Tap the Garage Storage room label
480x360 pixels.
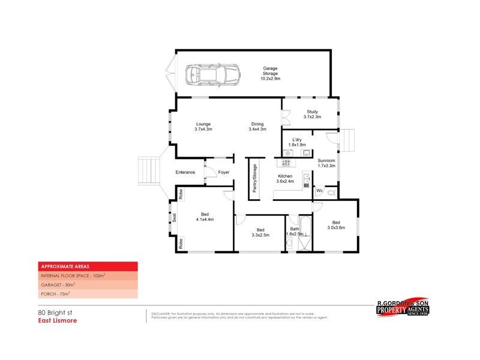point(270,74)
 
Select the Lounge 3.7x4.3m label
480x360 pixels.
point(203,127)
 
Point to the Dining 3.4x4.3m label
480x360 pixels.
point(257,127)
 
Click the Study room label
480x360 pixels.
point(312,114)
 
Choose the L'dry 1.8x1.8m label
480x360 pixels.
point(297,142)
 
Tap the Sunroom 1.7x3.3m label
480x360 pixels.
point(326,164)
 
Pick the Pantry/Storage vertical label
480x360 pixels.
point(254,178)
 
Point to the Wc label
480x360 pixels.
point(319,191)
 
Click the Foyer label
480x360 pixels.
point(224,173)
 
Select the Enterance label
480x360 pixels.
point(185,173)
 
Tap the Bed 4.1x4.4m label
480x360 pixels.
point(205,217)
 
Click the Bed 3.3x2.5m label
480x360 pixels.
point(260,232)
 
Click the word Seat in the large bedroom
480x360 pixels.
point(175,218)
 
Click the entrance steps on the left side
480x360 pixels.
point(147,172)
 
